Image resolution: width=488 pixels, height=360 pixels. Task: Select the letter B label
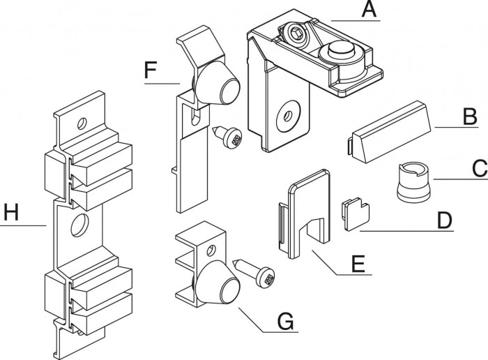[x=470, y=117]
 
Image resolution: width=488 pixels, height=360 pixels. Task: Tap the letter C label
[x=478, y=169]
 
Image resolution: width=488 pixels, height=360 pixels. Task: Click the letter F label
[x=151, y=70]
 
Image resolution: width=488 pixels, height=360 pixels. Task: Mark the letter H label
[x=9, y=213]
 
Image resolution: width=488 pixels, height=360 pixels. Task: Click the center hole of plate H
[x=78, y=224]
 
